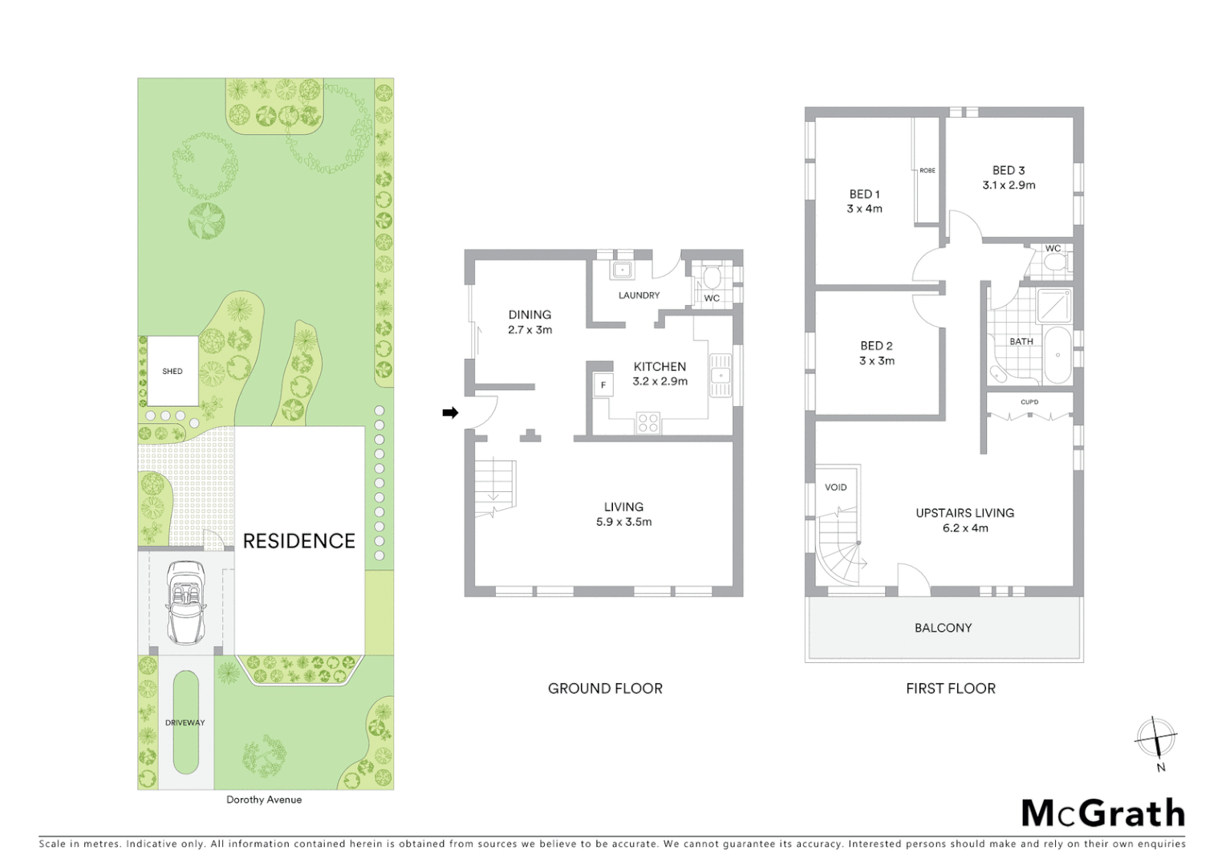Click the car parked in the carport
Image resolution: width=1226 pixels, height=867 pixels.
pos(185,602)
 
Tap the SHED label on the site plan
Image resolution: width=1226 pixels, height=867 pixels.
pos(173,372)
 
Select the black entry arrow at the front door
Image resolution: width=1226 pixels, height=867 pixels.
pos(450,413)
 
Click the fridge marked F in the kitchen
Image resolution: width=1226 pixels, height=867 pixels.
pos(603,386)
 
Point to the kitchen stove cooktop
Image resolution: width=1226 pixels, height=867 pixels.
pos(648,423)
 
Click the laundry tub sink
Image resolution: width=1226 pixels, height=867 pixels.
pos(622,270)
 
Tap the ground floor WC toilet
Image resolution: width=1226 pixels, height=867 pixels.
pos(711,278)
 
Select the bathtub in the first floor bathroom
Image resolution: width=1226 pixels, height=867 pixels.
pos(1058,355)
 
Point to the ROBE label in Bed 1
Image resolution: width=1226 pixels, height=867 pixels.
pos(928,171)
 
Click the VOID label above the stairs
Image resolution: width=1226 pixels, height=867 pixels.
pos(835,487)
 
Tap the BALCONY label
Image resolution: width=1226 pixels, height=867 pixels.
pos(943,628)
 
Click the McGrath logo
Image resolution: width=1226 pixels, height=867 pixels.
pos(1102,813)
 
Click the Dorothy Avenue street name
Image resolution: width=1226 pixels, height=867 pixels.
pos(264,800)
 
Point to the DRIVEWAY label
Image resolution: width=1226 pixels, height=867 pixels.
pos(185,722)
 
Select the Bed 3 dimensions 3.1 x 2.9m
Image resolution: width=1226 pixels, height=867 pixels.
pos(1009,185)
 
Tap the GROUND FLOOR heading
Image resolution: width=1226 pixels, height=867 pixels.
pos(605,689)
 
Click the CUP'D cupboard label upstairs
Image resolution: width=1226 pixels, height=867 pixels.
pos(1029,402)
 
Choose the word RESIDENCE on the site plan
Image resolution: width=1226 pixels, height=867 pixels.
pos(298,541)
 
